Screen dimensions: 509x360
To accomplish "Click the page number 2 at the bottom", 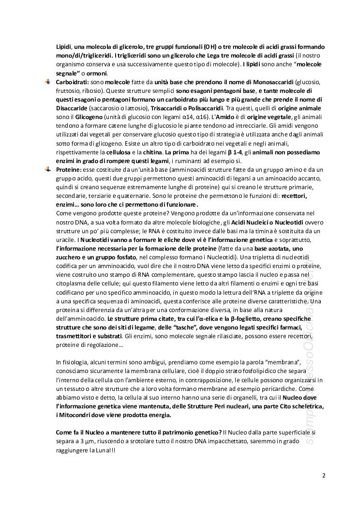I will (x=324, y=475).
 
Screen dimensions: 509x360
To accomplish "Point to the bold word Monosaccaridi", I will (x=271, y=82).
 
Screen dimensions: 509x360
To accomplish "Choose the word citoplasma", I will (x=73, y=283).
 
